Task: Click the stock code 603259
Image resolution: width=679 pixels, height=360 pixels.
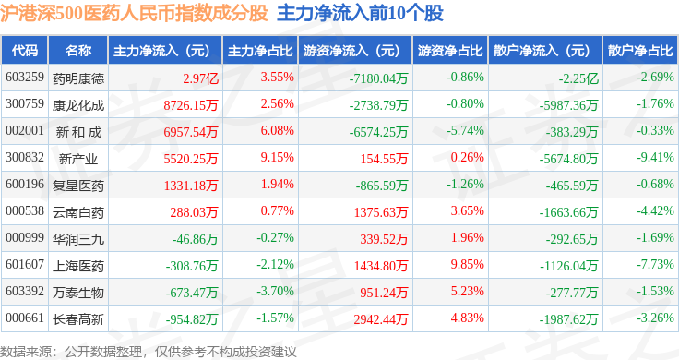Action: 25,78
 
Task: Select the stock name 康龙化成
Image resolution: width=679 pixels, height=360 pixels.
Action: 78,105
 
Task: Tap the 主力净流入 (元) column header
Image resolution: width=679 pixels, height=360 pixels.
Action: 161,51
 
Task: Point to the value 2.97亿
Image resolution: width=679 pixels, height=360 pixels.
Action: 200,78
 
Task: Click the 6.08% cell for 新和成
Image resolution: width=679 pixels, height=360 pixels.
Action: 277,130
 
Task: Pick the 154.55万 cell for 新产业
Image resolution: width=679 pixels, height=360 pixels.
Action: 384,159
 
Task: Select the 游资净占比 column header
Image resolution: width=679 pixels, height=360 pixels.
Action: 450,51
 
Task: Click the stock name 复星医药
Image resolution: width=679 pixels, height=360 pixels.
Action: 78,186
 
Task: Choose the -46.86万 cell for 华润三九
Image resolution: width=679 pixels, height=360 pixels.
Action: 195,239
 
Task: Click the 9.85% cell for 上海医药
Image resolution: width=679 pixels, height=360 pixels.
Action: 467,264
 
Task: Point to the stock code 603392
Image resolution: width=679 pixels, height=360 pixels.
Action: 25,291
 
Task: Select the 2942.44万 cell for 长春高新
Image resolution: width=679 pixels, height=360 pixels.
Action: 381,319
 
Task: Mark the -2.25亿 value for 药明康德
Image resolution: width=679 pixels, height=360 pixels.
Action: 578,78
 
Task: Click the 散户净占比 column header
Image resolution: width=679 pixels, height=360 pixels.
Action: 640,51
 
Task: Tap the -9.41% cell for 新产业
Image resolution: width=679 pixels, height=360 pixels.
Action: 655,157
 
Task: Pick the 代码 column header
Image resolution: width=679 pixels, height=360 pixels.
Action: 25,51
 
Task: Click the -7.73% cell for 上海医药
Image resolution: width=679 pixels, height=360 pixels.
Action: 655,264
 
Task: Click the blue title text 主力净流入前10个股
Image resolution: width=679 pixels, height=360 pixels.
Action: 361,14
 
